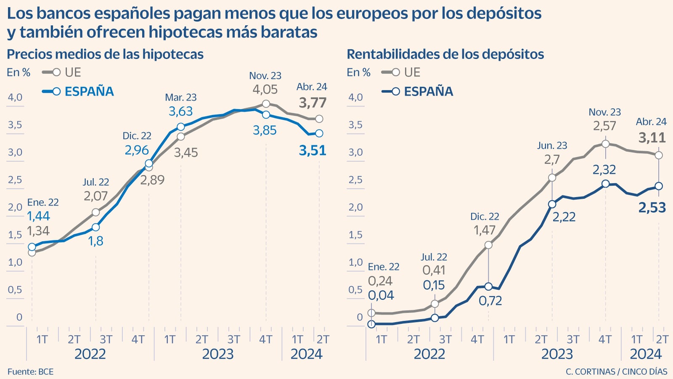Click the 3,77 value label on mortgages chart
click(313, 103)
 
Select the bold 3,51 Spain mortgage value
click(313, 151)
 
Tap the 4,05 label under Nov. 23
click(265, 90)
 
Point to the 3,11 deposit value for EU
click(652, 138)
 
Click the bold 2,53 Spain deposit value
click(652, 207)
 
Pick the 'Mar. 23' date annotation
click(181, 98)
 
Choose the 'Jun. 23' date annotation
click(552, 146)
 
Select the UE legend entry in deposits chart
click(412, 72)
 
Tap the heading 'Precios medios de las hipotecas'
click(105, 54)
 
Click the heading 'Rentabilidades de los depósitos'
click(445, 54)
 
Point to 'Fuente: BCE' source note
click(30, 372)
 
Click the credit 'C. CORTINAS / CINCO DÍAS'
click(616, 372)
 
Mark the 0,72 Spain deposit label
click(490, 301)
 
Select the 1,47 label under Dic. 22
click(485, 230)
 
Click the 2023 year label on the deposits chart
click(557, 354)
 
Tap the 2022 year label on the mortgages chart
click(90, 354)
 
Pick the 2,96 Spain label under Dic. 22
click(137, 150)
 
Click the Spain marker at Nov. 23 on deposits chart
click(605, 184)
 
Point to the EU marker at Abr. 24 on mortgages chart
click(319, 119)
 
